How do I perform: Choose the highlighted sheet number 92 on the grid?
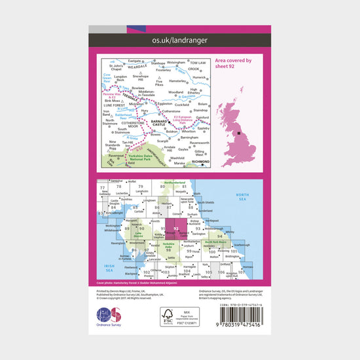tap(176, 228)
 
